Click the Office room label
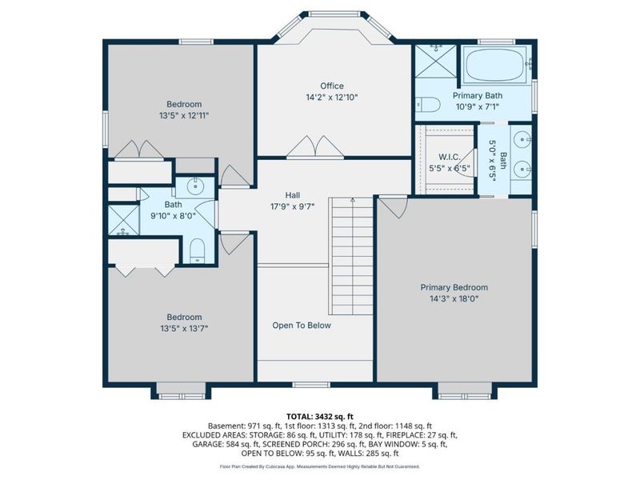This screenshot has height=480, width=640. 332,86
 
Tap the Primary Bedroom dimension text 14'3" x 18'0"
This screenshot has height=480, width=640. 454,299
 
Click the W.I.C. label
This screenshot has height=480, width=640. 437,157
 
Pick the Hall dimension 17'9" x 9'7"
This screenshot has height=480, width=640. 292,206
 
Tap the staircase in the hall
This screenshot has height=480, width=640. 352,256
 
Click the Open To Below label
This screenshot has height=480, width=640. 301,326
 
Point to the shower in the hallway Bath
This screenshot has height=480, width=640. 123,220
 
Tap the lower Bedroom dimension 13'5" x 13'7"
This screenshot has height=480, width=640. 184,328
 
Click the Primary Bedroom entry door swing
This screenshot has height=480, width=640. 392,206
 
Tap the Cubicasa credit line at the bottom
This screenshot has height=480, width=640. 320,466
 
